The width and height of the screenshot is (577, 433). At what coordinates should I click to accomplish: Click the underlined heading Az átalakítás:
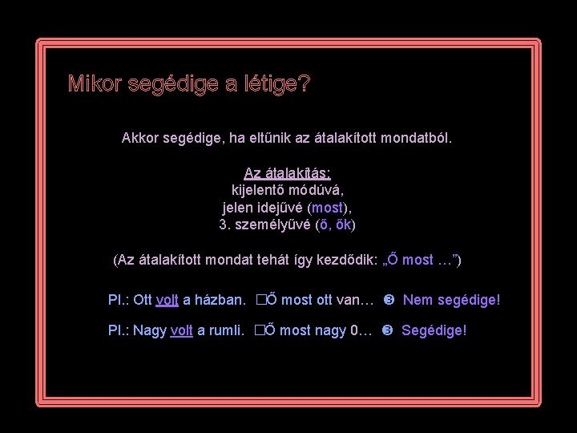pos(287,173)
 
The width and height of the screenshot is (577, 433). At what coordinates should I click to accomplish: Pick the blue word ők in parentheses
pos(343,225)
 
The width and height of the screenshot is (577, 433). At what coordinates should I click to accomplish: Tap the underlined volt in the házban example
pos(167,301)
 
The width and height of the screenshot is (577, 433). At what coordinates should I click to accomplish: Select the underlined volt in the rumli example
pos(182,330)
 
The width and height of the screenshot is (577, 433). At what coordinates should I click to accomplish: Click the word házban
pos(219,301)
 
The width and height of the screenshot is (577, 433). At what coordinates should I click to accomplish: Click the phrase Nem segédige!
pos(451,301)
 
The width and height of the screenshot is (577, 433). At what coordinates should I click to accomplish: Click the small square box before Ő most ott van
pos(260,301)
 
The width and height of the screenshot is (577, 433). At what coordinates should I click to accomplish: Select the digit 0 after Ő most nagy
pos(355,330)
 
